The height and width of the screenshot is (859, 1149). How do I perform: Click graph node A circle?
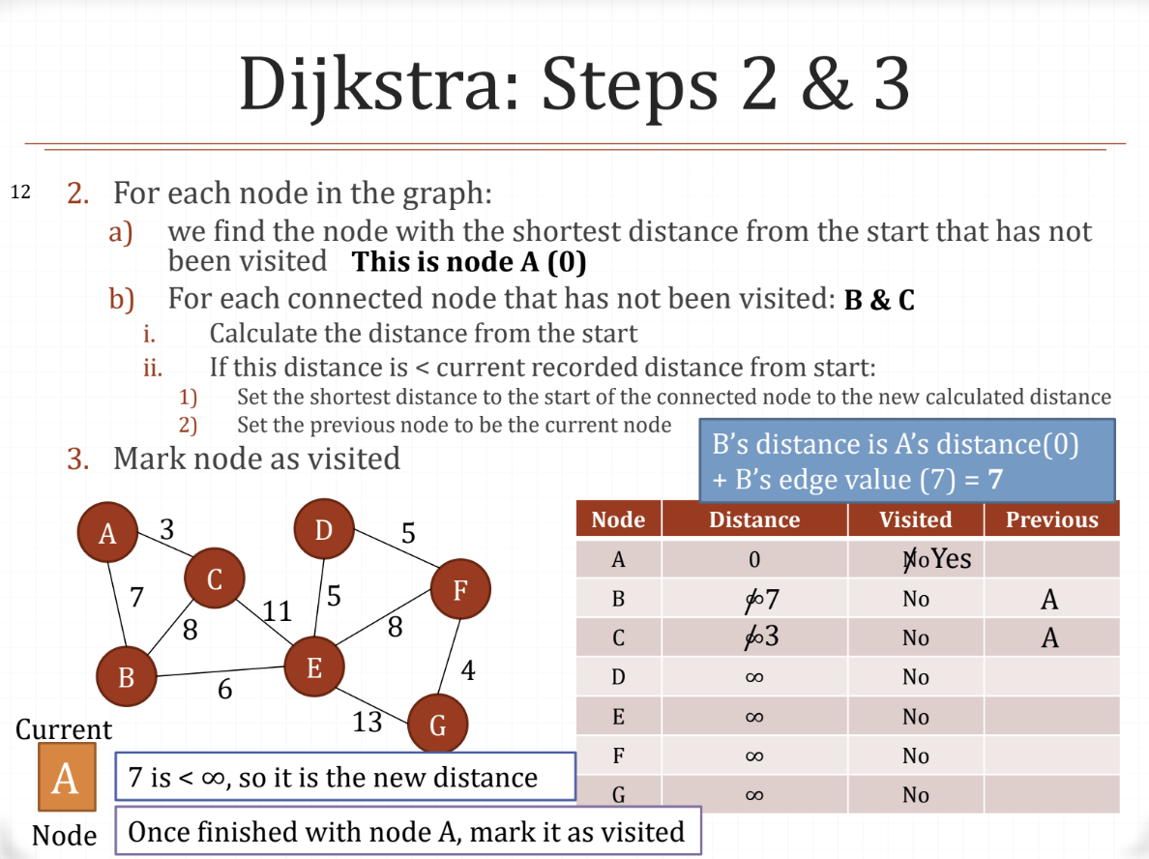[x=107, y=532]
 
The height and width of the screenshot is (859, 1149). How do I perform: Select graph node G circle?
[x=437, y=724]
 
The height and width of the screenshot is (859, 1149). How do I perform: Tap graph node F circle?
[x=460, y=590]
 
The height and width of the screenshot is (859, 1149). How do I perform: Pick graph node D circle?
[x=323, y=529]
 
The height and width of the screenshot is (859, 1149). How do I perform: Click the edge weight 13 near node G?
[x=368, y=722]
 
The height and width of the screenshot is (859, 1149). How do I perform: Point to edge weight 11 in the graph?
[x=277, y=611]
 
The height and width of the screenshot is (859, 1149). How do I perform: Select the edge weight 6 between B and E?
[x=224, y=690]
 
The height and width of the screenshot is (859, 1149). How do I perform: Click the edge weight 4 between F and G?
[x=468, y=670]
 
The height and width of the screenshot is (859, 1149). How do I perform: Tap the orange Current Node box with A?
[x=66, y=777]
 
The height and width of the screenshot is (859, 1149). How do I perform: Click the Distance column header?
[x=754, y=519]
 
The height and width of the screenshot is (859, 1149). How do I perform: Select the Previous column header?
[x=1051, y=519]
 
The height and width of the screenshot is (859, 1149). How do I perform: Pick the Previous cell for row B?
[x=1050, y=600]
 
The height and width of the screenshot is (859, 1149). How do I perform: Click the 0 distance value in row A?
[x=754, y=560]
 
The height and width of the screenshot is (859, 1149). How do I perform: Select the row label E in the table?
[x=618, y=717]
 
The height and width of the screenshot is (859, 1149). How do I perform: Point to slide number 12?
[x=20, y=193]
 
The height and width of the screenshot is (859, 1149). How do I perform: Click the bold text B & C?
[x=879, y=301]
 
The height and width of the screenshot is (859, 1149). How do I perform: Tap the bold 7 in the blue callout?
[x=994, y=480]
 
